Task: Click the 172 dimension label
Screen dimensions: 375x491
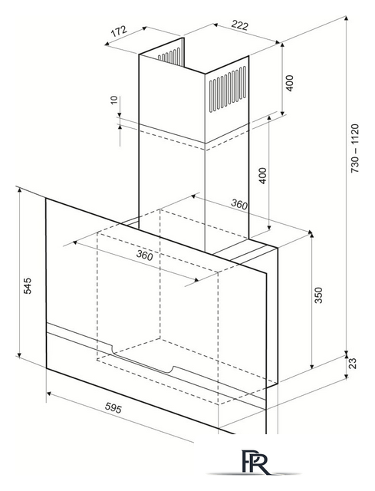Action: pos(120,31)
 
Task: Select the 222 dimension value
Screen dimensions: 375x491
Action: pos(240,25)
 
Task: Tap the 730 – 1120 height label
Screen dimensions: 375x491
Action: pos(355,149)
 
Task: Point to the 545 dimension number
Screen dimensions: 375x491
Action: pos(28,285)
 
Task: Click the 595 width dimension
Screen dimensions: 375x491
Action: pos(113,407)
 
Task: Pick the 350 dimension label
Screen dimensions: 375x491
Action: pos(318,295)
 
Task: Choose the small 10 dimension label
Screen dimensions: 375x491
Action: pos(114,100)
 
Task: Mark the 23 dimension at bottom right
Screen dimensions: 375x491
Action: pos(353,363)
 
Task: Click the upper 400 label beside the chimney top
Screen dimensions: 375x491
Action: pos(290,83)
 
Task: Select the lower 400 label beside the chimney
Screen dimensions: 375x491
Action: pos(263,176)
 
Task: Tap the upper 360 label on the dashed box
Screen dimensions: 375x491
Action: pos(239,205)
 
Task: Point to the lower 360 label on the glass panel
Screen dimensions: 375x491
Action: pos(145,255)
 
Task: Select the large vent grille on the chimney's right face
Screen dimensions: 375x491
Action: pos(228,89)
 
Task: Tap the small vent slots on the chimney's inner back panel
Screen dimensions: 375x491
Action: pos(169,55)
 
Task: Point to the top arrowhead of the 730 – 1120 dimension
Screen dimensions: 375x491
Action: pos(346,18)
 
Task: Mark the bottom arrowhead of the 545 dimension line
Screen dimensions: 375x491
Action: pos(19,354)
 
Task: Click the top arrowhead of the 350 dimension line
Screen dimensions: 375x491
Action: pos(311,234)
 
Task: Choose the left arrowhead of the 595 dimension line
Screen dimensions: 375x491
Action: pos(49,394)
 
